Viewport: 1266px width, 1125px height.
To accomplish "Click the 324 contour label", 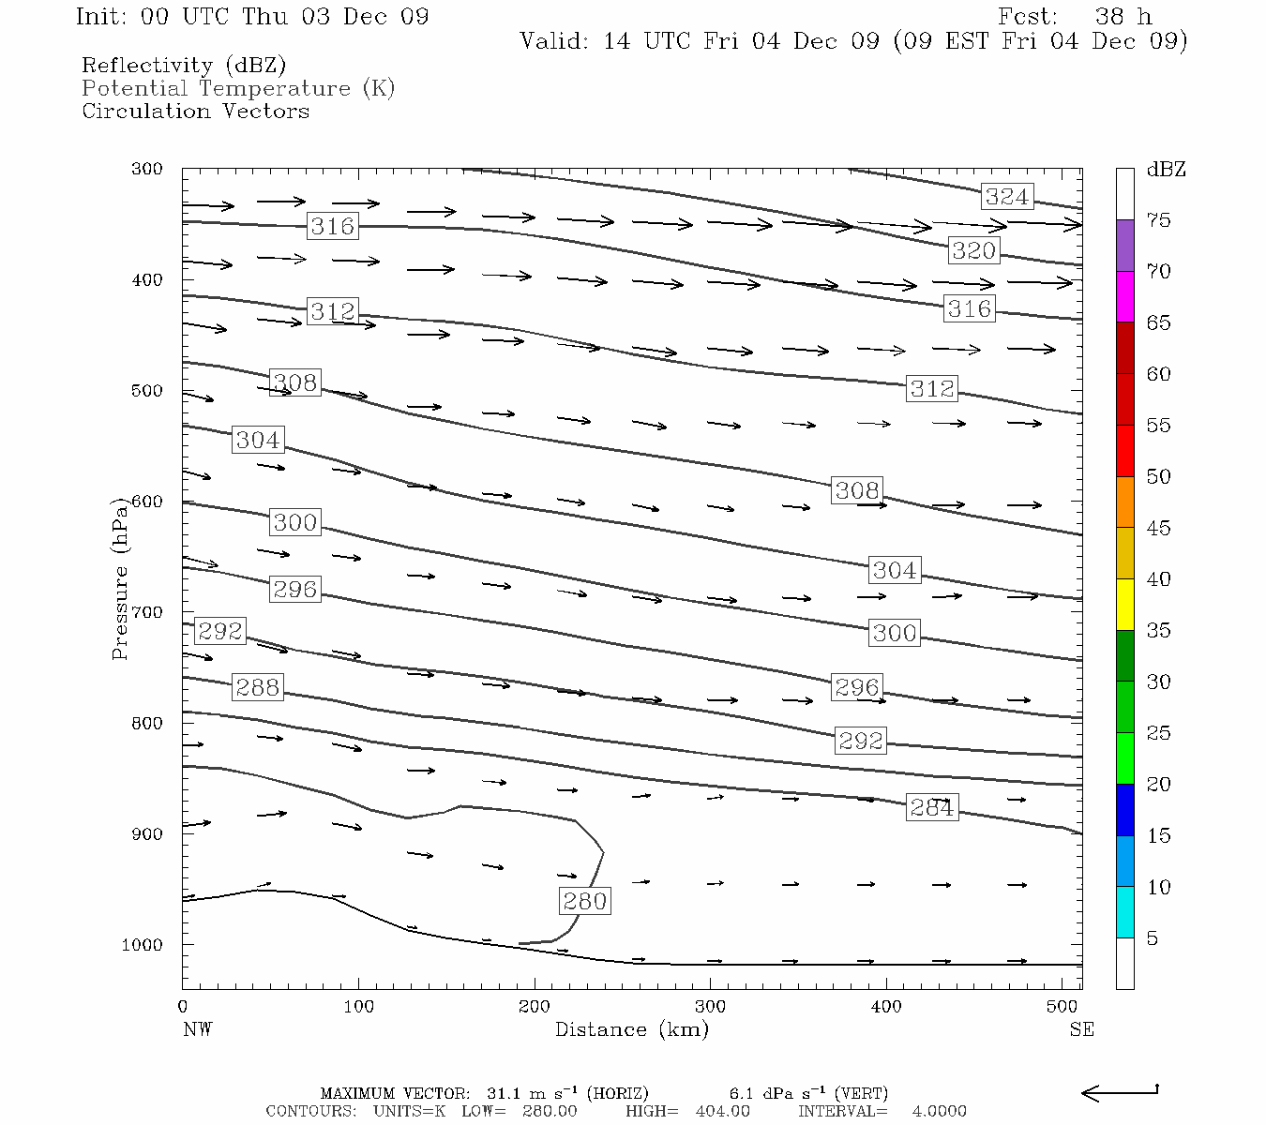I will [1007, 196].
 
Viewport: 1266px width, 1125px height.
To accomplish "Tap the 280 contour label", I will [585, 901].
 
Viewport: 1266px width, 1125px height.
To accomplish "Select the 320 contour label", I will [973, 250].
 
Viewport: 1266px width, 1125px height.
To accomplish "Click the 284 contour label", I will [931, 807].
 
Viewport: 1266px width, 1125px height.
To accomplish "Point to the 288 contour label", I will [257, 687].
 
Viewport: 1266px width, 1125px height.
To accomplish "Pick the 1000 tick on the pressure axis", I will [143, 945].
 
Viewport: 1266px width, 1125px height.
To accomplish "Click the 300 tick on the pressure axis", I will [147, 170].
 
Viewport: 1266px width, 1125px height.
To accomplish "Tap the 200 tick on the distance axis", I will [535, 1007].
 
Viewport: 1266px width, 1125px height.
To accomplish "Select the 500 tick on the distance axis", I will [1063, 1007].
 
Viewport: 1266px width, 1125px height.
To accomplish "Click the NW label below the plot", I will [197, 1029].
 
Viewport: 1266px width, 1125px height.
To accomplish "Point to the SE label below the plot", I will [1081, 1029].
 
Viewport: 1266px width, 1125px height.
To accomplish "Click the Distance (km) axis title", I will [631, 1029].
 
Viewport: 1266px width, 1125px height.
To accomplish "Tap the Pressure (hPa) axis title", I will [120, 578].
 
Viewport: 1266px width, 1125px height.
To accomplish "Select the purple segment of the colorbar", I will [1124, 246].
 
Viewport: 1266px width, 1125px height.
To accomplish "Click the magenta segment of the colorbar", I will [1124, 296].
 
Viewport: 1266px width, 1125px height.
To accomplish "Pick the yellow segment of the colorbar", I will [1124, 605].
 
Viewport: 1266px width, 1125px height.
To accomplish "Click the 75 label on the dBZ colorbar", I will [1158, 220].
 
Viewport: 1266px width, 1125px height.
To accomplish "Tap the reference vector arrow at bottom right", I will [1120, 1092].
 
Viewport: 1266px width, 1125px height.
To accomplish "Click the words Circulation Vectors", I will [195, 111].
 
